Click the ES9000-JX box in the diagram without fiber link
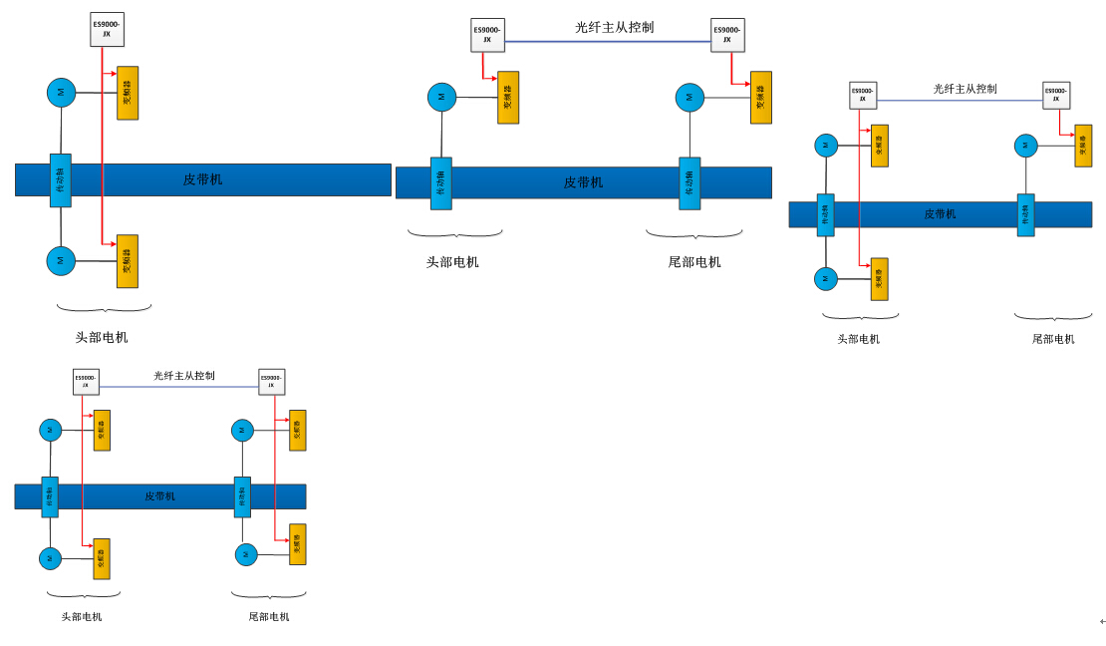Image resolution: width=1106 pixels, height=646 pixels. coord(107,29)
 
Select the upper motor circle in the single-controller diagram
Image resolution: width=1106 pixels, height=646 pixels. coord(61,93)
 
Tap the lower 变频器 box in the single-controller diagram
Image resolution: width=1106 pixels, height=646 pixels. coord(128,261)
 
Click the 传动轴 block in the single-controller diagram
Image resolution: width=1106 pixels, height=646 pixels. coord(61,180)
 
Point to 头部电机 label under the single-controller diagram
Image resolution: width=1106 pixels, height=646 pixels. coord(102,337)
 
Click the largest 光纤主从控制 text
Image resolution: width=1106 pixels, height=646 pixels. coord(615,27)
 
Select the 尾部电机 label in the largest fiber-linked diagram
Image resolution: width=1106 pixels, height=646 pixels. coord(694,262)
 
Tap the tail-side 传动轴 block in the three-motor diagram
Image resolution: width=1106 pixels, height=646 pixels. coord(1025,214)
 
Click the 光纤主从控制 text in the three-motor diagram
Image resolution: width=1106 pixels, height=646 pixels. coord(965,89)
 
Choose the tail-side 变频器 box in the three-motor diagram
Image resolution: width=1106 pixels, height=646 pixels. coord(1083,146)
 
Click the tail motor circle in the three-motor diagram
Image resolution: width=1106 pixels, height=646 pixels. coord(1025,146)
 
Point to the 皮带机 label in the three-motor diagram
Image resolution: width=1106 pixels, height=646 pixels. coord(940,214)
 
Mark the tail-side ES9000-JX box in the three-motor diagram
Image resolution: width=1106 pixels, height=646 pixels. coord(1056,95)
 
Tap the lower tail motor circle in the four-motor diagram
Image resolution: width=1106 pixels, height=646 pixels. coord(246,554)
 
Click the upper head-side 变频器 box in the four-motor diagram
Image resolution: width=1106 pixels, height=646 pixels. coord(102,430)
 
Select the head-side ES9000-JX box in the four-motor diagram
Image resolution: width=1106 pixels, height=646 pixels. coord(87,381)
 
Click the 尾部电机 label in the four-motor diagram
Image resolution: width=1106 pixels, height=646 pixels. coord(269,616)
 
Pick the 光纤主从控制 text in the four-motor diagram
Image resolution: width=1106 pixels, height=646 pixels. coord(184,376)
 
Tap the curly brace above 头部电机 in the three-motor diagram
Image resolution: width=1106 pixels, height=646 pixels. coord(860,316)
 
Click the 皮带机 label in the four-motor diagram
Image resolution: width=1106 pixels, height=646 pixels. coord(159,496)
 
